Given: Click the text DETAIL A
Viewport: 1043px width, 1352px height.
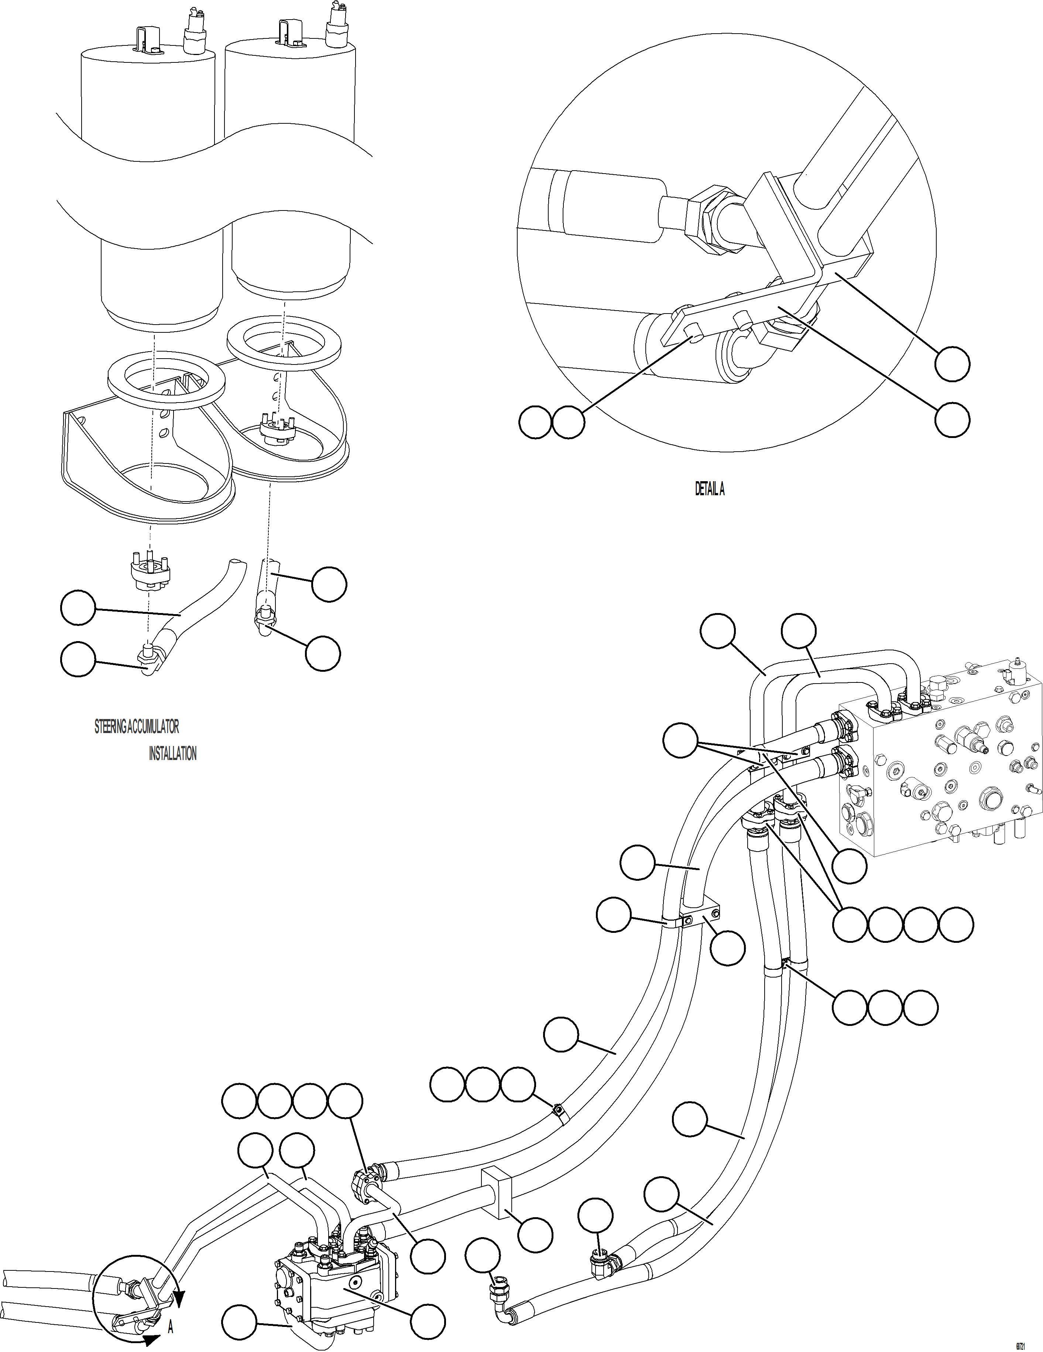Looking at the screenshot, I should pyautogui.click(x=709, y=489).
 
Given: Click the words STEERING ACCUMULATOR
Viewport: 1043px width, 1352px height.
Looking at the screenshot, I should pyautogui.click(x=137, y=726).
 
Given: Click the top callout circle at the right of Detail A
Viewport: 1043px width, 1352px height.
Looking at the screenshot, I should pyautogui.click(x=952, y=364).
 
